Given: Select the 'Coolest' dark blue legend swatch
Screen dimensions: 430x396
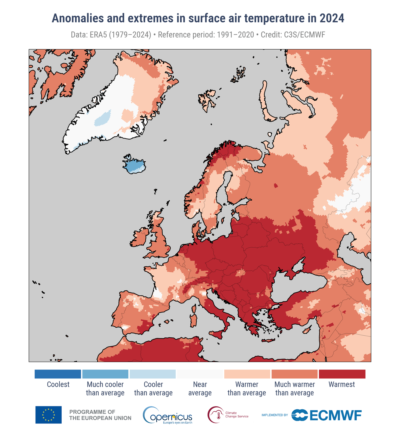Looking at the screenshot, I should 58,374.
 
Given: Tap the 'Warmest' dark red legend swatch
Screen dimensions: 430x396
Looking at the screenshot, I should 342,374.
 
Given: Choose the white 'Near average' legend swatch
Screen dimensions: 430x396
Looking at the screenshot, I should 200,374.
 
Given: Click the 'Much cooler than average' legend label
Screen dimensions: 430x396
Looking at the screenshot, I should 105,388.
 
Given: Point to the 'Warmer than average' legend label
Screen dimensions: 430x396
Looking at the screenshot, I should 247,388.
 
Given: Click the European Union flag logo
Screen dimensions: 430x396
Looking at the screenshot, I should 48,415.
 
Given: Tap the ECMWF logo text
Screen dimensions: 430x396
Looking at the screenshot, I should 335,415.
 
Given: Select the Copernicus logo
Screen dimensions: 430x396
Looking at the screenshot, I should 168,415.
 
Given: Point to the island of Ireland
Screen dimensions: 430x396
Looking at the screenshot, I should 140,238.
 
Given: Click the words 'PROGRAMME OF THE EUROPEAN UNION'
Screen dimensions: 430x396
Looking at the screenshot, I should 100,415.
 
